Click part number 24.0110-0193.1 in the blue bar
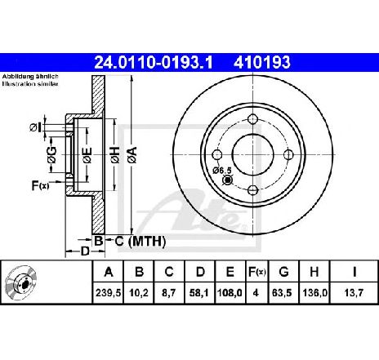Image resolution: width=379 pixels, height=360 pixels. pyautogui.click(x=154, y=63)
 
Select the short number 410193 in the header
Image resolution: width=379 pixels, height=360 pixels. pyautogui.click(x=262, y=63)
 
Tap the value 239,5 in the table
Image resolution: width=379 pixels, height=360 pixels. pyautogui.click(x=108, y=293)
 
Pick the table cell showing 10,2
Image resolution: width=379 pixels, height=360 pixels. pyautogui.click(x=139, y=293)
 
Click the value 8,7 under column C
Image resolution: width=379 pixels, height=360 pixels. pyautogui.click(x=169, y=293)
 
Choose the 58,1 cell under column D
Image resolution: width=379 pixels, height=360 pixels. pyautogui.click(x=199, y=293)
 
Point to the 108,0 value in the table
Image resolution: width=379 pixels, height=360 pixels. pyautogui.click(x=230, y=293)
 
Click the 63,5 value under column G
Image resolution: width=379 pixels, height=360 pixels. pyautogui.click(x=282, y=293)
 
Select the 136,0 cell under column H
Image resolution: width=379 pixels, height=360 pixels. pyautogui.click(x=314, y=293)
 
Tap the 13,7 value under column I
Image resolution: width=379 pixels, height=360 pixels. pyautogui.click(x=354, y=293)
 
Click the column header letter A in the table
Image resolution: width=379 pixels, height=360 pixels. pyautogui.click(x=109, y=272)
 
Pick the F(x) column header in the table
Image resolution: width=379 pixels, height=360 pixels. pyautogui.click(x=256, y=272)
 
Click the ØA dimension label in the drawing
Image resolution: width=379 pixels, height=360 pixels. pyautogui.click(x=133, y=155)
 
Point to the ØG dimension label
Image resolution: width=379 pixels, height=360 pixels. pyautogui.click(x=51, y=155)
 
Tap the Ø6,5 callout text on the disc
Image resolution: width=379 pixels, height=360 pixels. pyautogui.click(x=222, y=171)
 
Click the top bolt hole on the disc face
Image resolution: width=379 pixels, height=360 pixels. pyautogui.click(x=253, y=119)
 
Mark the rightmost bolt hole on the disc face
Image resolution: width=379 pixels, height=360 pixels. pyautogui.click(x=288, y=154)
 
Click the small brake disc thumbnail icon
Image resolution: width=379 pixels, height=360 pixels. pyautogui.click(x=21, y=282)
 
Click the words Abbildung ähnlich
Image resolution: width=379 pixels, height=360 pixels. pyautogui.click(x=30, y=77)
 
